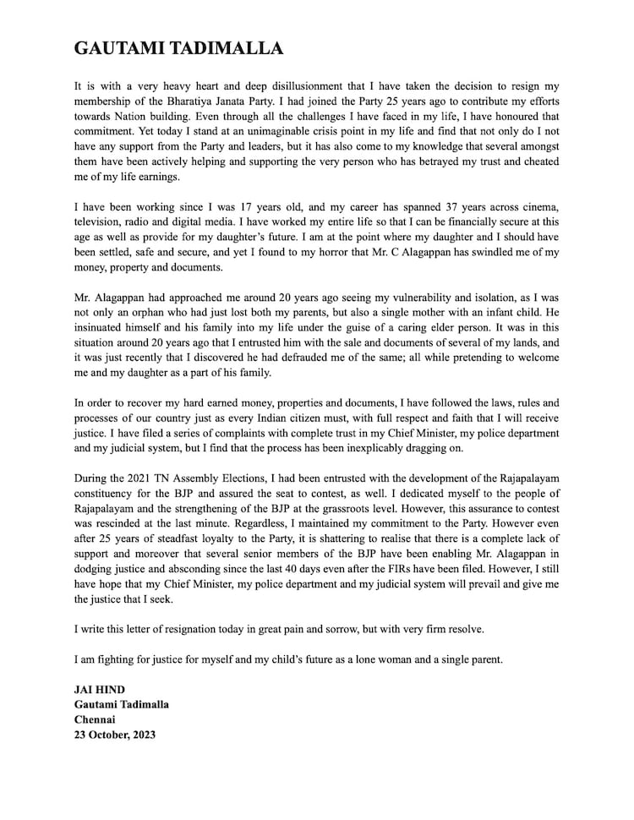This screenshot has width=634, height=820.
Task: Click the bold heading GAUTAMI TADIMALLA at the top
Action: (178, 48)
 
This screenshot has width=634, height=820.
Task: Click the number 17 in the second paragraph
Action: (227, 207)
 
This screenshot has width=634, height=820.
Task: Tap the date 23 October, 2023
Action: (115, 735)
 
